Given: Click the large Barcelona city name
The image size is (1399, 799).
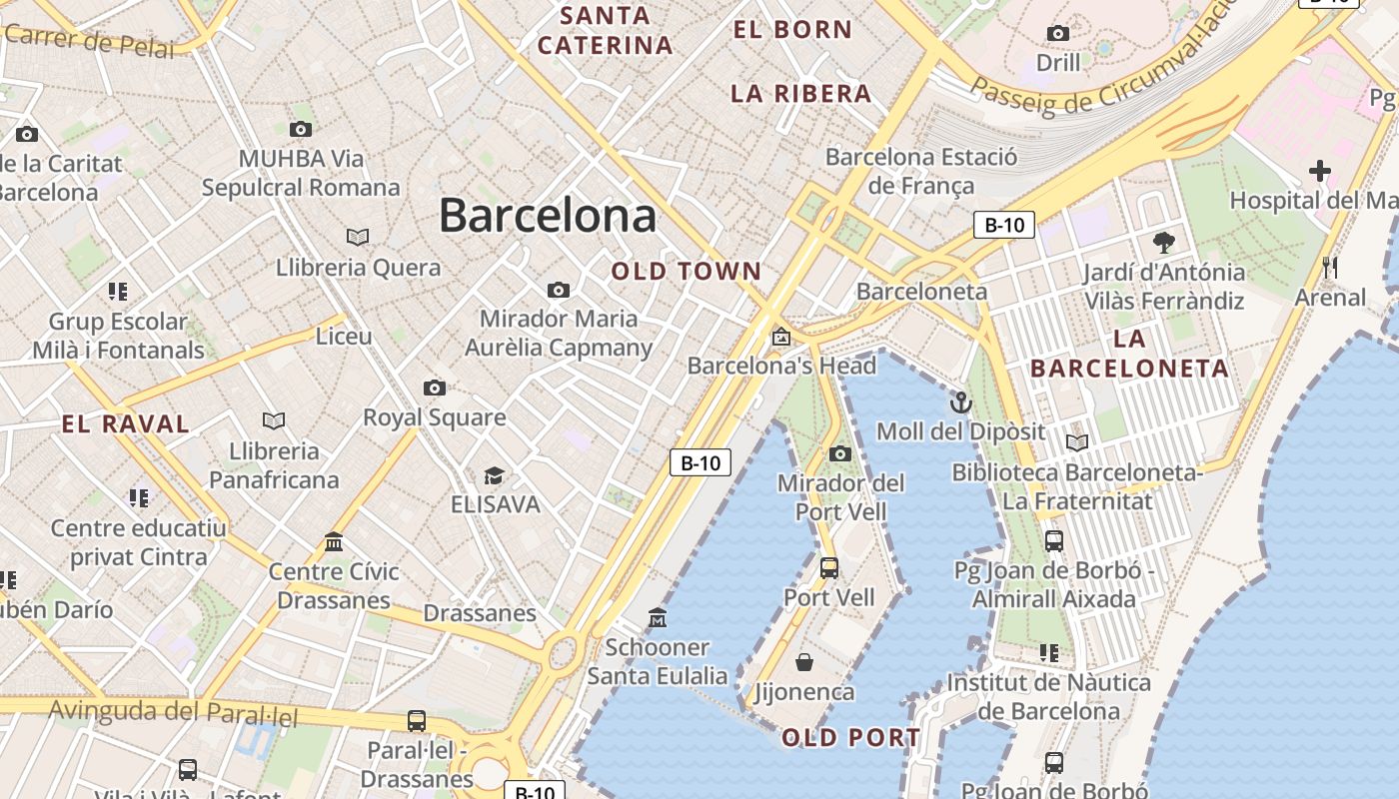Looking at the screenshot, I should (x=548, y=215).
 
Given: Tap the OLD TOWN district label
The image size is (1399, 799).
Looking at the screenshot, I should (x=687, y=271).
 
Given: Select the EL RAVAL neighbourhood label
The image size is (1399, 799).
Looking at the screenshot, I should (x=126, y=423).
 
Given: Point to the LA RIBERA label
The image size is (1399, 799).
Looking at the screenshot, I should (x=801, y=94).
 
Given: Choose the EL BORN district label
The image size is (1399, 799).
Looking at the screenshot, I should (x=792, y=30).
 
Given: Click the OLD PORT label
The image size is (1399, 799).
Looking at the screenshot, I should (x=851, y=738).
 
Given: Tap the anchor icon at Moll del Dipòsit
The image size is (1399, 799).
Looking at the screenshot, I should (x=960, y=402).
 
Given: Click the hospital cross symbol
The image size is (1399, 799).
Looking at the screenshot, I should (x=1320, y=171).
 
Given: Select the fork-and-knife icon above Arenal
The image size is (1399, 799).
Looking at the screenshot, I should (x=1330, y=268).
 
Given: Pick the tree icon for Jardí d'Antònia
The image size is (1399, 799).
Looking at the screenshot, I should (x=1164, y=242).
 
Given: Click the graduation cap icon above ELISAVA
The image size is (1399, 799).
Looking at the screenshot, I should (x=494, y=474).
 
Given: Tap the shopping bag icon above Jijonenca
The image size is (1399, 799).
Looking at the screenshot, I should (x=804, y=661).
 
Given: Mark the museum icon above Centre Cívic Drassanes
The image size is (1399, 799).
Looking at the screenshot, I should (x=334, y=541).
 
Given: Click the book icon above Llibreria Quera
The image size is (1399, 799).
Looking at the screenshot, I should (x=358, y=237).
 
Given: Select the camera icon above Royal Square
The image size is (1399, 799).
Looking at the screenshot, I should (x=434, y=388).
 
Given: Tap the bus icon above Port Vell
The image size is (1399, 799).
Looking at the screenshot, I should (x=828, y=568).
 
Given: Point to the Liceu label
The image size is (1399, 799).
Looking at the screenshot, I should (x=344, y=337).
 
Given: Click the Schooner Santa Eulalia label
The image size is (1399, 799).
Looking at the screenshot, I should (x=658, y=661).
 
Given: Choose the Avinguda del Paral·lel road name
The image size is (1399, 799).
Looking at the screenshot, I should (x=174, y=712).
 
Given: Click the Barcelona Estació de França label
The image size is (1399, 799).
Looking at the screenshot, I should (x=921, y=171).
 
